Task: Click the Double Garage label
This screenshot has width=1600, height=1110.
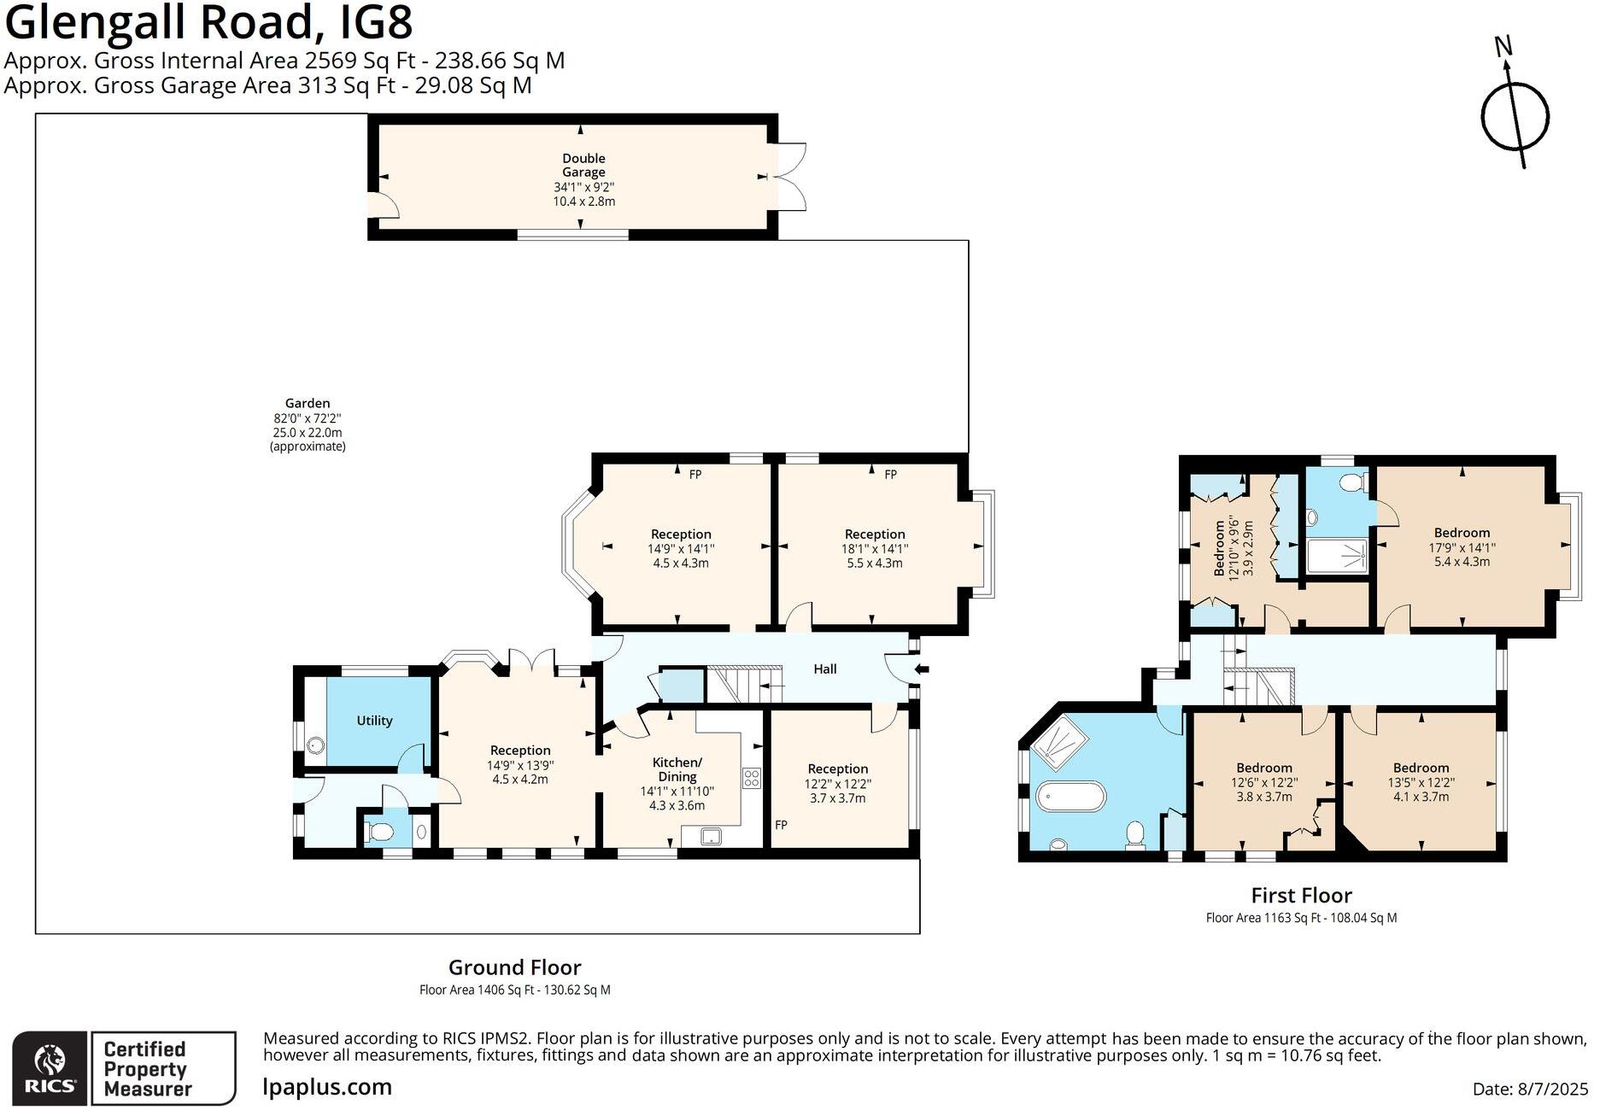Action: tap(583, 165)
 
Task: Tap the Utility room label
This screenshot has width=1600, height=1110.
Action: tap(374, 721)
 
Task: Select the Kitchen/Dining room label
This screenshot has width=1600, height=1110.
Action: tap(677, 769)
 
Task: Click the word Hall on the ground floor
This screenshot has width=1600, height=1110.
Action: tap(824, 669)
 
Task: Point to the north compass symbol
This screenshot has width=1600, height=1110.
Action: tap(1515, 114)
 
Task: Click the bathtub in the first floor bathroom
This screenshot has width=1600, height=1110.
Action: tap(1070, 797)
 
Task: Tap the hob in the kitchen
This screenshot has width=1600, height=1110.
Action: tap(752, 778)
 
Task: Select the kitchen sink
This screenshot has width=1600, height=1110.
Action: tap(711, 838)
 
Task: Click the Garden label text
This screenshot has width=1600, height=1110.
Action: tap(308, 403)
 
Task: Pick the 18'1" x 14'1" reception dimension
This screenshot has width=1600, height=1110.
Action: tap(874, 549)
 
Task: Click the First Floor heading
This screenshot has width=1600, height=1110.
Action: tap(1300, 896)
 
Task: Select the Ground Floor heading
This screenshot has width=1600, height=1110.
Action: tap(514, 967)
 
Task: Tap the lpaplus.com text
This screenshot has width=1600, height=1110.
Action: tap(327, 1087)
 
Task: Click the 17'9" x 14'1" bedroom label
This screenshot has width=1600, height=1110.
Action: tap(1461, 547)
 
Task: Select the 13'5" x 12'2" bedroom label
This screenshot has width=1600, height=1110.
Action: tap(1421, 782)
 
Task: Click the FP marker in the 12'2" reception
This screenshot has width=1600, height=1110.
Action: tap(781, 825)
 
